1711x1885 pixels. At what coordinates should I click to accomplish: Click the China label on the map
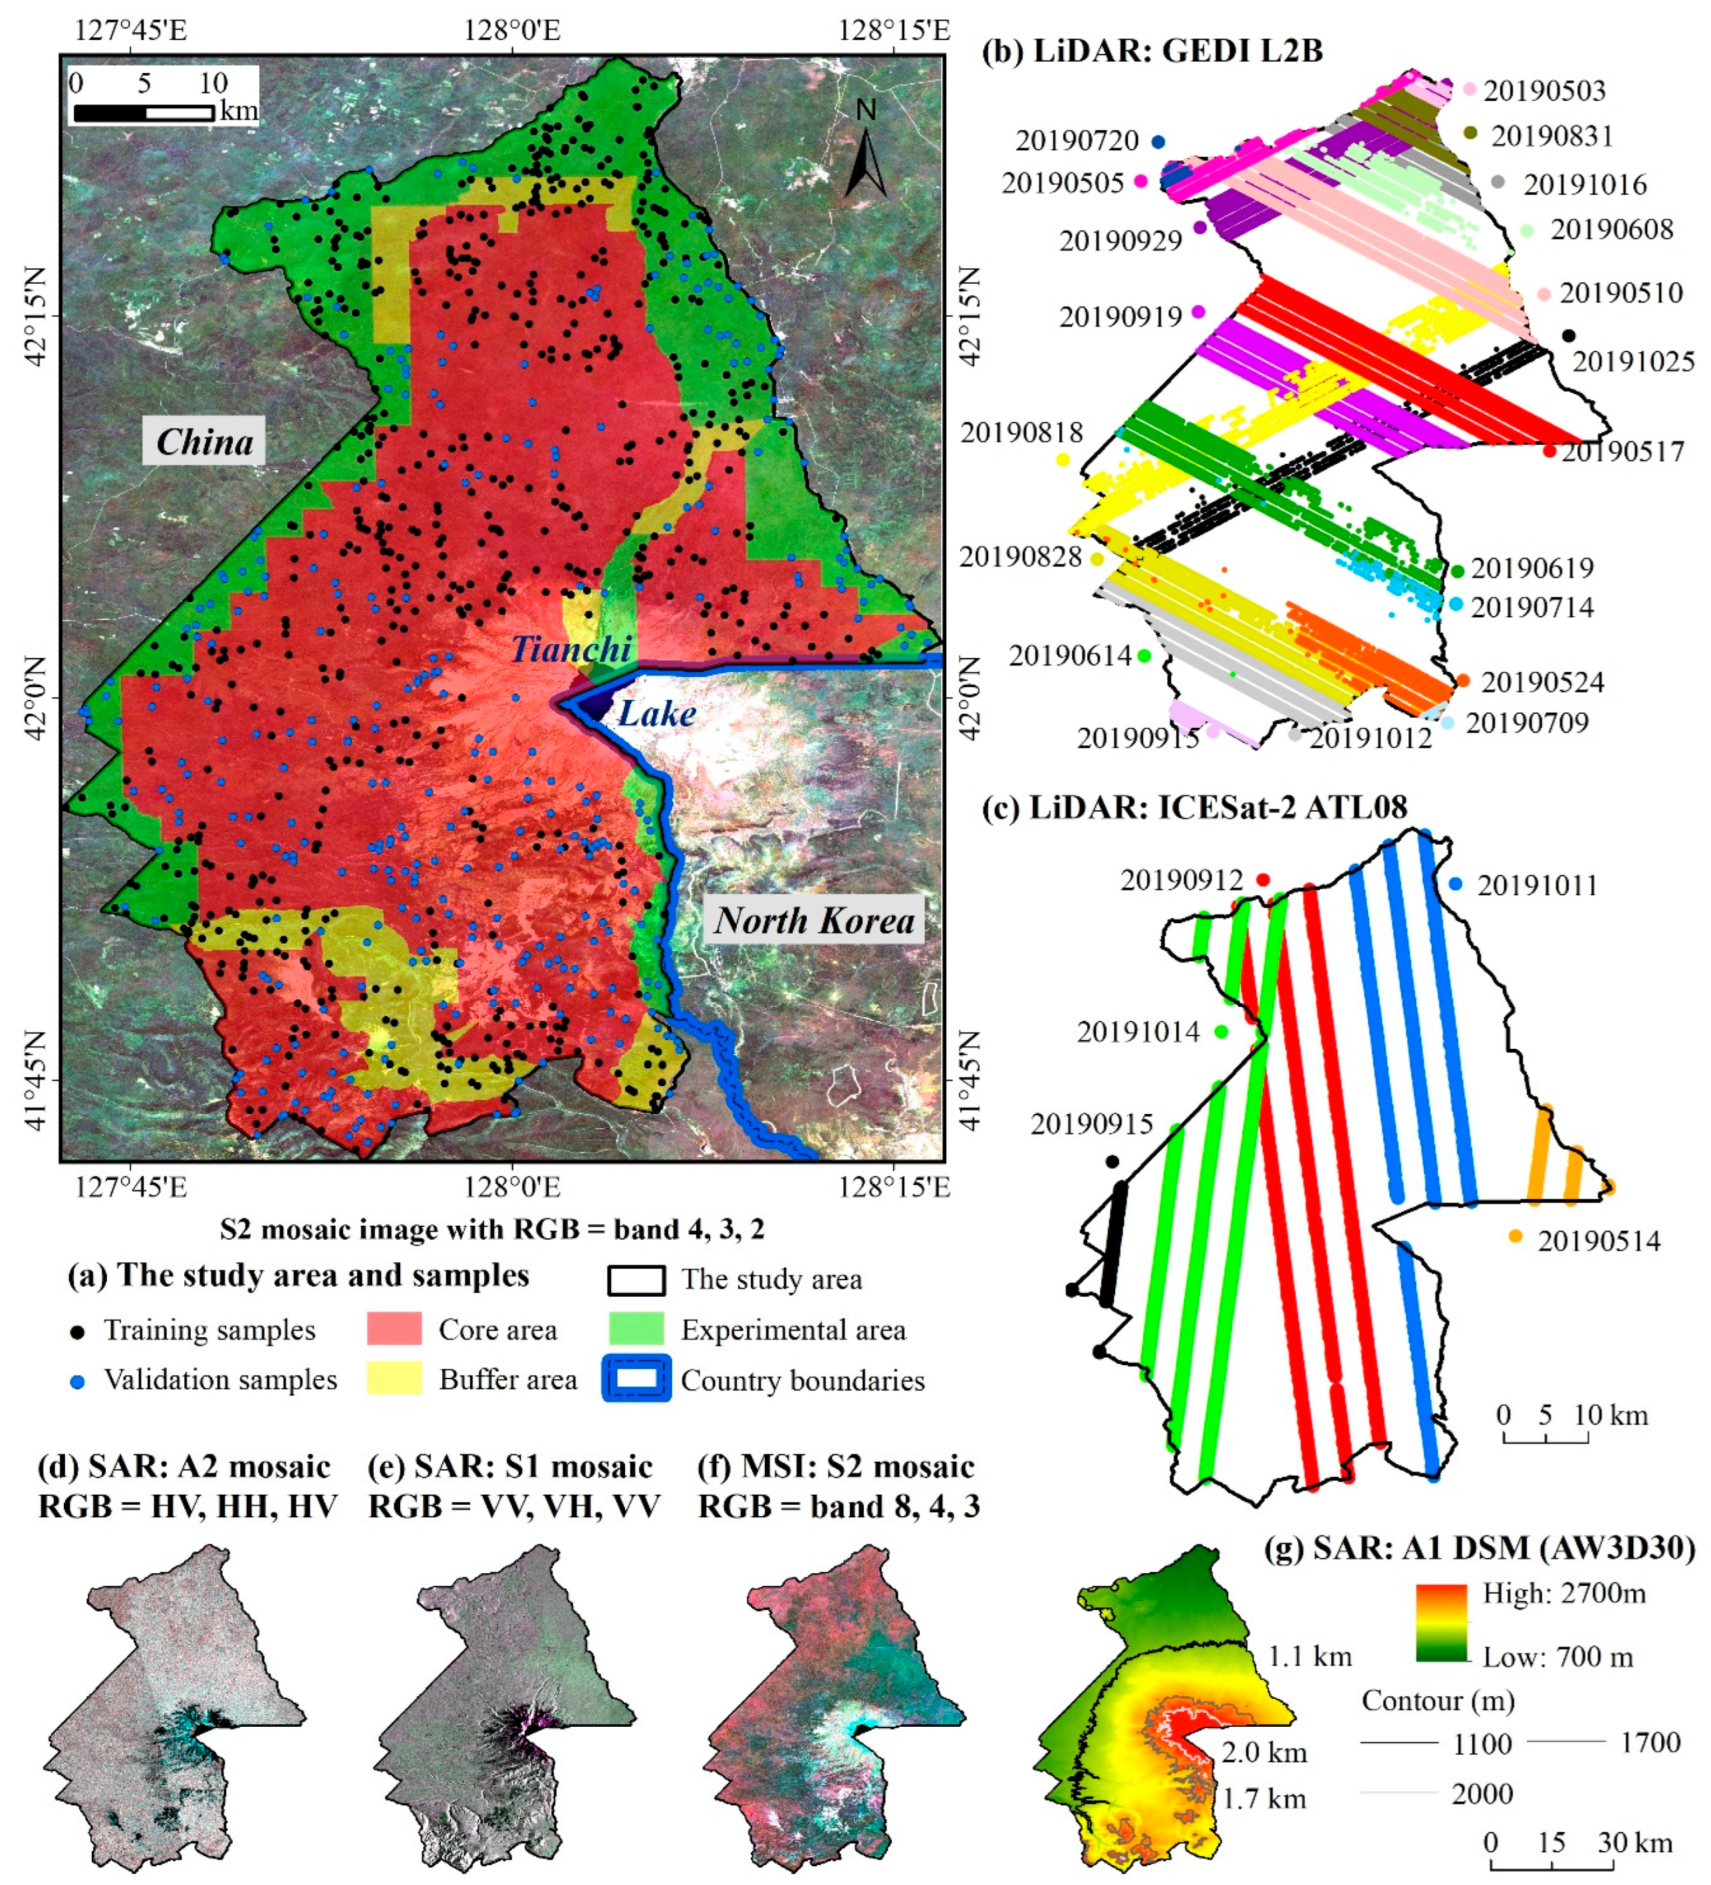pyautogui.click(x=204, y=441)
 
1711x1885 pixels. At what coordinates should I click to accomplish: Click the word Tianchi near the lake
pyautogui.click(x=571, y=649)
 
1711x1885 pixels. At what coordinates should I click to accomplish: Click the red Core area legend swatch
pyautogui.click(x=394, y=1329)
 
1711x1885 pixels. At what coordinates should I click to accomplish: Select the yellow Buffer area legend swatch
pyautogui.click(x=394, y=1379)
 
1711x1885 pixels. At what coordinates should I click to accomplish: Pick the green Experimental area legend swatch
pyautogui.click(x=636, y=1329)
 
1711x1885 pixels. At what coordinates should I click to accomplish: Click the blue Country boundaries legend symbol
pyautogui.click(x=636, y=1379)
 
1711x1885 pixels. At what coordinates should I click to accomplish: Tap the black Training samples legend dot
pyautogui.click(x=78, y=1331)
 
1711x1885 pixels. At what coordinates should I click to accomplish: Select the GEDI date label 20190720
pyautogui.click(x=1077, y=141)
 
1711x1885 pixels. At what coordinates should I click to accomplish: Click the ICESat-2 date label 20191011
pyautogui.click(x=1537, y=885)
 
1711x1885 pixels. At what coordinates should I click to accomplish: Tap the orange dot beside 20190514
pyautogui.click(x=1515, y=1236)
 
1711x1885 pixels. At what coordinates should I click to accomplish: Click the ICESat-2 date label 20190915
pyautogui.click(x=1092, y=1123)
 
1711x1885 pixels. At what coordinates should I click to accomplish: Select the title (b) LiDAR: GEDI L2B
pyautogui.click(x=1152, y=51)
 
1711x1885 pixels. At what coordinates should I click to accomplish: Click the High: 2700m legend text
pyautogui.click(x=1564, y=1593)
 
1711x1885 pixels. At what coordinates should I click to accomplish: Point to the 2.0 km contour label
pyautogui.click(x=1264, y=1751)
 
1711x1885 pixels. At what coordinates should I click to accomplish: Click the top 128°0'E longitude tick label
pyautogui.click(x=512, y=30)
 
